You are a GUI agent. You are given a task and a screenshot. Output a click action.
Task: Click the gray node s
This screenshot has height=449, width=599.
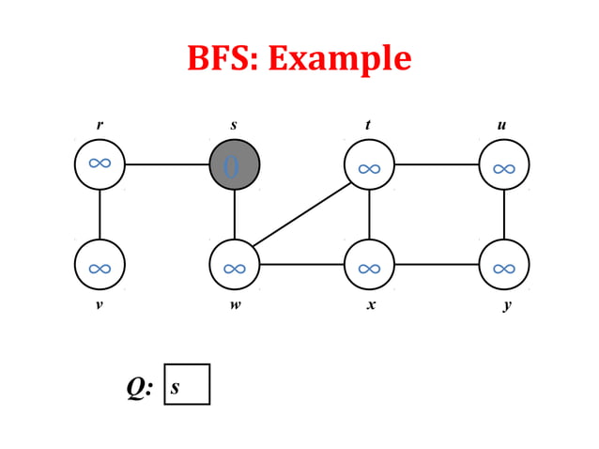[x=234, y=164]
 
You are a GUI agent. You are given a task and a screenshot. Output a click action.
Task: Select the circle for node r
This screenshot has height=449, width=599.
[x=100, y=164]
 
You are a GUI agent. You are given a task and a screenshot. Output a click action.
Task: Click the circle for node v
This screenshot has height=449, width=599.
[x=100, y=265]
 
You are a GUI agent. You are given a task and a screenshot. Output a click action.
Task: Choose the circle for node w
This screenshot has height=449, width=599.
[x=234, y=265]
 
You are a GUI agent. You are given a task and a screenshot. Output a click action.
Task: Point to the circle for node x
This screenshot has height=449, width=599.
[x=369, y=265]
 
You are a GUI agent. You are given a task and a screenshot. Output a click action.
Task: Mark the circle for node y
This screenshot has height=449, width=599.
[x=504, y=265]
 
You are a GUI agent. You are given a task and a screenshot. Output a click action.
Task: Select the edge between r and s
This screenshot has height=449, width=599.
[x=166, y=164]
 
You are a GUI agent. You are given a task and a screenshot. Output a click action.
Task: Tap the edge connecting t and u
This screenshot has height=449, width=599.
[x=437, y=165]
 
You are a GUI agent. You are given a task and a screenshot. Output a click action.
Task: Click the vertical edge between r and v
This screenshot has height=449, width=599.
[x=100, y=214]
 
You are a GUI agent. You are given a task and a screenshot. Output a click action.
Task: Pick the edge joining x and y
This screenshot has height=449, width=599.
[x=437, y=265]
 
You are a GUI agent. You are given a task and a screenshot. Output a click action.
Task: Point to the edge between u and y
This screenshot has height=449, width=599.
[x=504, y=214]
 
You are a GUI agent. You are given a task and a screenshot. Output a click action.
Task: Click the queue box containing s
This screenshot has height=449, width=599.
[x=187, y=384]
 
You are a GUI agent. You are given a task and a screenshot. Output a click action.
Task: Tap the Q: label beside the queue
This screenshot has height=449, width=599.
[x=140, y=386]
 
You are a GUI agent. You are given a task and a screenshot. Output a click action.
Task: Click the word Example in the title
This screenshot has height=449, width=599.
[x=340, y=58]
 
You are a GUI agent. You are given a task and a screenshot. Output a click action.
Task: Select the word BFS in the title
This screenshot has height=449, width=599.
[x=223, y=58]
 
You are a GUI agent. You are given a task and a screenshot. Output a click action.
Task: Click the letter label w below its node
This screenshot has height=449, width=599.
[x=235, y=306]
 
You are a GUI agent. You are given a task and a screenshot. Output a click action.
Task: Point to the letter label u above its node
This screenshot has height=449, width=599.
[x=503, y=125]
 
